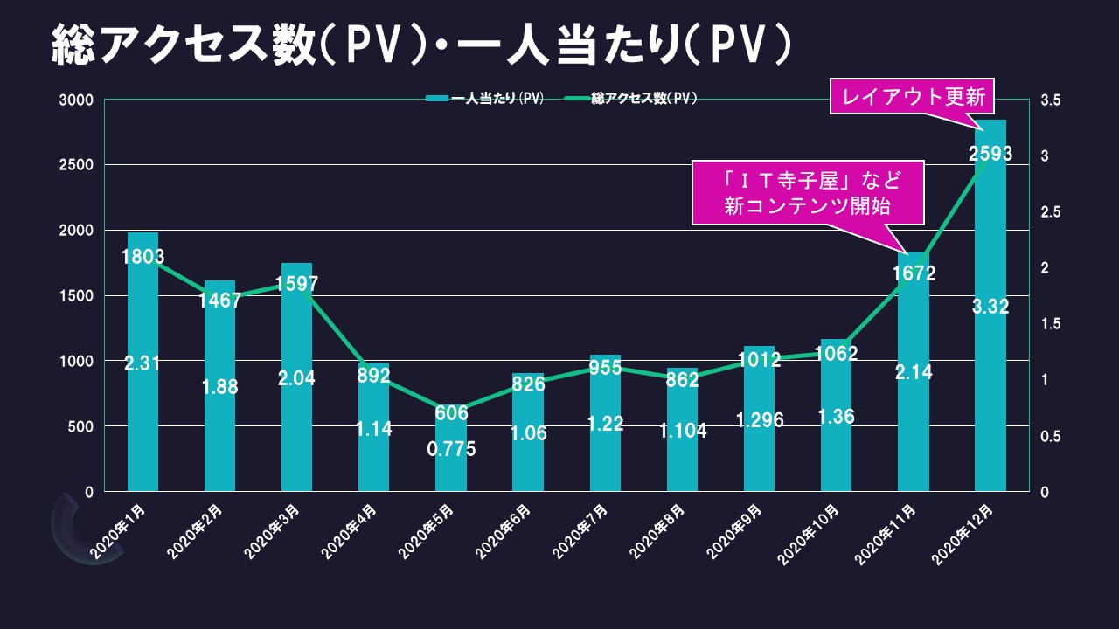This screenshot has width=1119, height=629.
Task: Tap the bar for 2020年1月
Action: (x=142, y=419)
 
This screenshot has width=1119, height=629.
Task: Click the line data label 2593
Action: (x=990, y=154)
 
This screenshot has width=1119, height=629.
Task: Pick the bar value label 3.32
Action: (x=990, y=306)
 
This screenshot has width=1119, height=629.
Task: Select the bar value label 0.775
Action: (x=451, y=449)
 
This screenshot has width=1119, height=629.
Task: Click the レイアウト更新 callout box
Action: (x=914, y=97)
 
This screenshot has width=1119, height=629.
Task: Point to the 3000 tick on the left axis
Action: (x=76, y=100)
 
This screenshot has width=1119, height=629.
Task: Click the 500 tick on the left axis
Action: (x=81, y=426)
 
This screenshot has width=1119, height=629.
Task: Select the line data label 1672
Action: (x=914, y=273)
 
